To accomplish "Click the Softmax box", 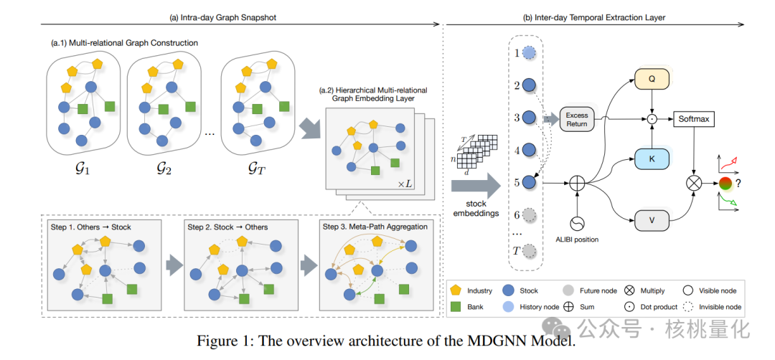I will pos(693,119).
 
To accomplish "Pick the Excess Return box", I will pos(576,119).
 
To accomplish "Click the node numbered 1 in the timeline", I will pos(530,53).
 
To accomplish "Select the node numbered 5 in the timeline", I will pos(530,182).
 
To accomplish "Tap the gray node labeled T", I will pos(530,251).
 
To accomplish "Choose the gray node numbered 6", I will pos(530,214).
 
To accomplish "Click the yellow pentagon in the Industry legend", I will pos(455,290).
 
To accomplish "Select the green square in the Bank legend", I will pos(455,307).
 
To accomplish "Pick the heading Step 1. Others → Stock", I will pos(91,227).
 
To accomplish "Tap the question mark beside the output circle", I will pos(738,183).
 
